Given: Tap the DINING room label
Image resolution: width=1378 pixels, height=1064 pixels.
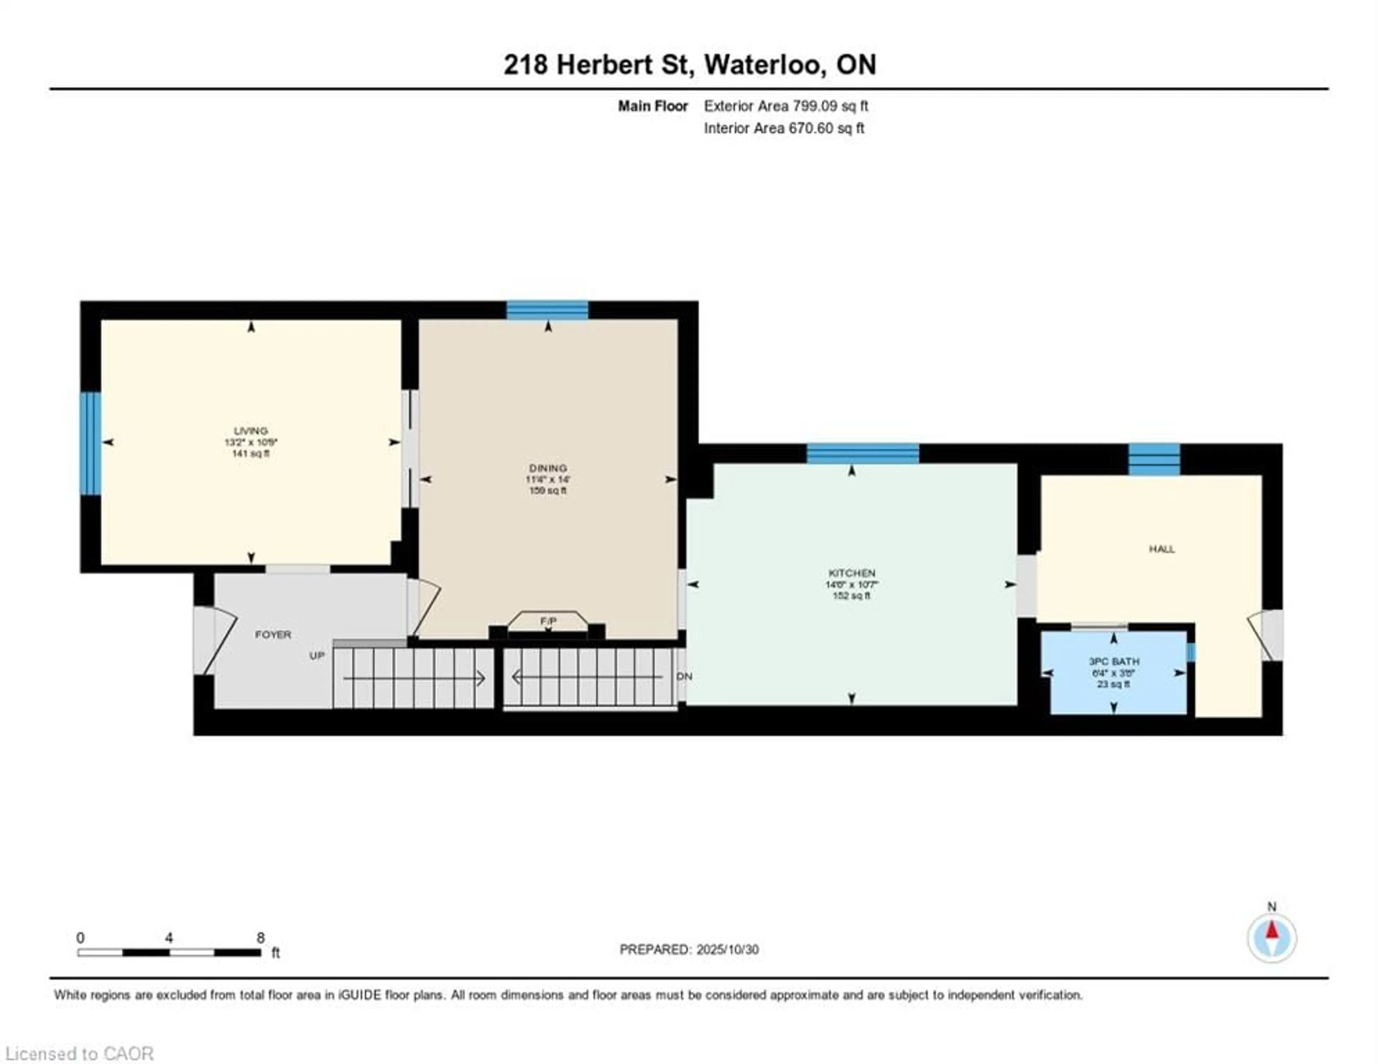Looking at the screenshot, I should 548,468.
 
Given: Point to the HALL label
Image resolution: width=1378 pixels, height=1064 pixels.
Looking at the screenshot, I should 1162,549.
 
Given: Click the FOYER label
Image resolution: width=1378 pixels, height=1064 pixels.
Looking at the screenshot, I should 273,634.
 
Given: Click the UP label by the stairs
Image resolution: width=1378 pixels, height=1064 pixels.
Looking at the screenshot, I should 317,656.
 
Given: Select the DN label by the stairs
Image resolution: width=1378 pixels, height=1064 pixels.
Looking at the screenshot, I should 685,676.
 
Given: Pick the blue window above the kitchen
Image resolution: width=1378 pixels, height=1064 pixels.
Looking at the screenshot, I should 863,454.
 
